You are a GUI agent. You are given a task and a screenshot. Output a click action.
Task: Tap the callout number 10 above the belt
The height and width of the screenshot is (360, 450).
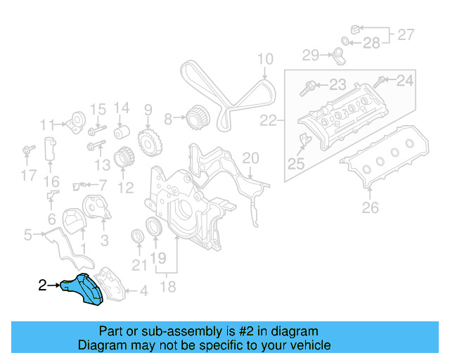click(x=264, y=59)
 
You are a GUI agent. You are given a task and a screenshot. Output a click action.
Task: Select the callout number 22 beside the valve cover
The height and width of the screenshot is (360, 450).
click(x=269, y=121)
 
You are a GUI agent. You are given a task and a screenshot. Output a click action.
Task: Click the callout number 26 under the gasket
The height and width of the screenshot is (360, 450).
click(x=370, y=207)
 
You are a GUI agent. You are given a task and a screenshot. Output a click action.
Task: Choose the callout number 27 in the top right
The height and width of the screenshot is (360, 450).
click(x=406, y=33)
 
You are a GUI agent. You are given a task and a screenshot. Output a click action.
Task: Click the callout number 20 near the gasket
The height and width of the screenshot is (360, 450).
click(x=250, y=158)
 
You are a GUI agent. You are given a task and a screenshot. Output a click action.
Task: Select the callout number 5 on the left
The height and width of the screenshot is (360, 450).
click(x=27, y=234)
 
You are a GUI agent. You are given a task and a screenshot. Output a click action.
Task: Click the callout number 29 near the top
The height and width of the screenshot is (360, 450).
click(x=311, y=54)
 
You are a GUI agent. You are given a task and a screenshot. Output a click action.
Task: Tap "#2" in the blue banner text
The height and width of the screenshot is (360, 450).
click(x=238, y=331)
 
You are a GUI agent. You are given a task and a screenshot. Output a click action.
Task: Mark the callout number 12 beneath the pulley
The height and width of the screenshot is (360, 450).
click(x=126, y=188)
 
